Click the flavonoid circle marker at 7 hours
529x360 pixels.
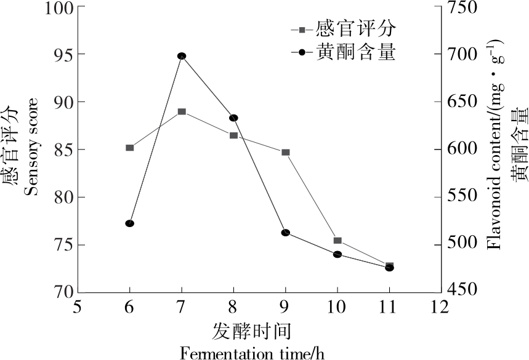coord(182,56)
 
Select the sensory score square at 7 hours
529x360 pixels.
coord(182,111)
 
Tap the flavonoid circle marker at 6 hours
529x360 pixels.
coord(130,223)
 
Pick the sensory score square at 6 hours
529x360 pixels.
coord(130,148)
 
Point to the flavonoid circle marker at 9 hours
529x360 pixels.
coord(286,233)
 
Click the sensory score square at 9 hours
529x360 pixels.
coord(286,152)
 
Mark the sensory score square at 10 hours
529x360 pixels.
coord(337,241)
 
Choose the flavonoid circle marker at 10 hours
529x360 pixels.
coord(337,254)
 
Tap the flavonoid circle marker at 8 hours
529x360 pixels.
coord(233,118)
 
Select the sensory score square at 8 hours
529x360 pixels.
coord(233,135)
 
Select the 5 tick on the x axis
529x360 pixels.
coord(78,306)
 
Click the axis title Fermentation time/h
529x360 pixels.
coord(251,353)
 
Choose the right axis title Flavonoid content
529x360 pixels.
coord(495,145)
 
